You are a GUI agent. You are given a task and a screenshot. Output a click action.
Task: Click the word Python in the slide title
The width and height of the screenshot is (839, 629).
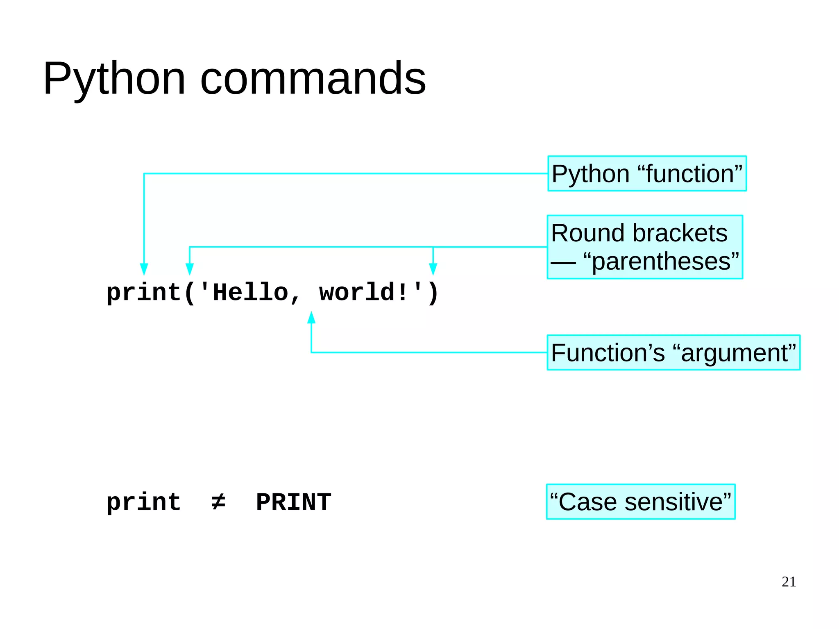pos(114,79)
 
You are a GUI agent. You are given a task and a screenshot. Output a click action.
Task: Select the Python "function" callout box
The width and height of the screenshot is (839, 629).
pos(646,173)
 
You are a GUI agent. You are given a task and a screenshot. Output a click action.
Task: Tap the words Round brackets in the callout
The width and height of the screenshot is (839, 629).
pos(639,233)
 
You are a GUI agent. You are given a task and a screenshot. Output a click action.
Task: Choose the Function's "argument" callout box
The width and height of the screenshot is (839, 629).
pos(673,353)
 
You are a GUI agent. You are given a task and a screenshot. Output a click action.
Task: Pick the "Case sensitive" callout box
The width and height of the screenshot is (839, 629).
pos(640,502)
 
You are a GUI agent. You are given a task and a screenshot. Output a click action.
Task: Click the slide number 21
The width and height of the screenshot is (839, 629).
pos(788,581)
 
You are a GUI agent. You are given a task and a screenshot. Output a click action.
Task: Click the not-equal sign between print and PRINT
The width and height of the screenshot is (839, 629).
pos(218,502)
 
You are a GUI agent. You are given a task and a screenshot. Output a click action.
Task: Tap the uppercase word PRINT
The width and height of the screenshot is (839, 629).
pos(293,502)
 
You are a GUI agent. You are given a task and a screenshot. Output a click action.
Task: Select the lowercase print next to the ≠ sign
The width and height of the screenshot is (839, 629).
pos(143,502)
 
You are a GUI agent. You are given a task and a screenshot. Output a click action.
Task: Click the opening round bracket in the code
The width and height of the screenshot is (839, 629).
pos(189,293)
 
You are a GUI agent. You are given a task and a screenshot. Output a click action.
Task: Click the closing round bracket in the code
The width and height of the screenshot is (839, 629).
pos(433,293)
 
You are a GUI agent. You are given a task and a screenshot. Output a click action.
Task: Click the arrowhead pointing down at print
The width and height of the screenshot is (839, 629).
pos(144,269)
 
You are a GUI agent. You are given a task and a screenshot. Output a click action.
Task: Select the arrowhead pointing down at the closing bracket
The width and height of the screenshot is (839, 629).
pos(433,269)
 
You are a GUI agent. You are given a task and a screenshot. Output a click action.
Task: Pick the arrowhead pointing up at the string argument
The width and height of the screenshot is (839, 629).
pos(311,317)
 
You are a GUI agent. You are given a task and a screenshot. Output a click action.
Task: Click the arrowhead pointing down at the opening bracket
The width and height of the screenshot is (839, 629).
pos(189,269)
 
